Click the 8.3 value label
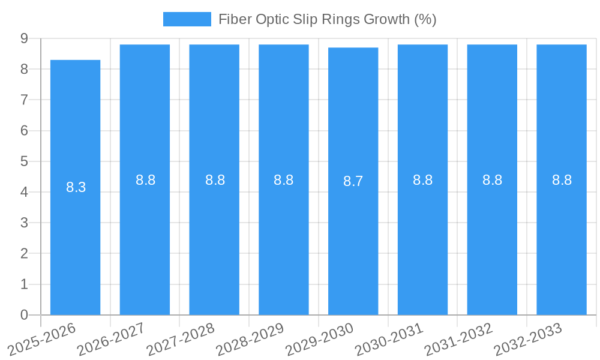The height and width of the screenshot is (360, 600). (76, 187)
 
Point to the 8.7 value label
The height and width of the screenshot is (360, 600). (353, 181)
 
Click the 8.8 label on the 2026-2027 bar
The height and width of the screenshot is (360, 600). (145, 180)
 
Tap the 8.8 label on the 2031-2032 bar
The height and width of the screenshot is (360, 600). (492, 180)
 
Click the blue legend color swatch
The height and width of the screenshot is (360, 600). (187, 19)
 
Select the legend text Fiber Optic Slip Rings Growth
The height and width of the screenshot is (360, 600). (327, 19)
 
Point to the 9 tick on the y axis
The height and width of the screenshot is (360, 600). (24, 38)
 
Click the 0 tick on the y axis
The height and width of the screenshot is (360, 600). (24, 315)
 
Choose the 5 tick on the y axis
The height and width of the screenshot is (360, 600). (24, 161)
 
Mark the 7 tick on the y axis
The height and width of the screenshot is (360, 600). (24, 100)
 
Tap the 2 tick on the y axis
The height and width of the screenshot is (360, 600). (24, 254)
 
